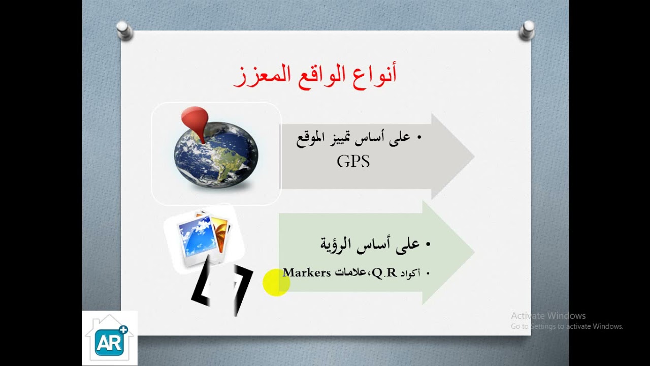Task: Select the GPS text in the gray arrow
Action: (353, 162)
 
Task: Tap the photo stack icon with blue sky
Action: (203, 236)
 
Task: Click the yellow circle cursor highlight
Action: (276, 283)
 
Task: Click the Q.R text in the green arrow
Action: (384, 273)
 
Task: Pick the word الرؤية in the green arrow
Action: (339, 244)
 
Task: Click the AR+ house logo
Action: (109, 338)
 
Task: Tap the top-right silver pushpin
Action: (527, 30)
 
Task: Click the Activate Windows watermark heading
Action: (548, 316)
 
